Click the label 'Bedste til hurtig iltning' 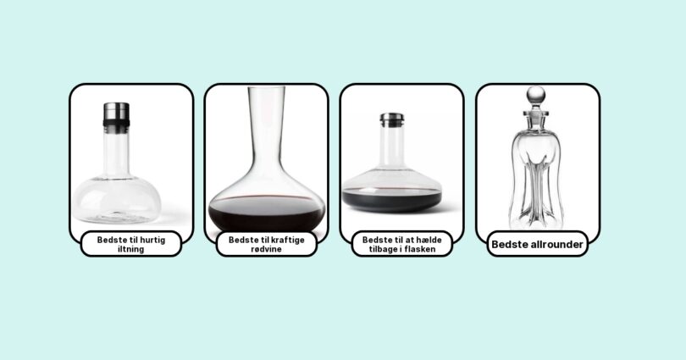tap(131, 244)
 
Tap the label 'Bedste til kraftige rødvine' tap(267, 244)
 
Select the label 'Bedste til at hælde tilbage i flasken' tap(402, 244)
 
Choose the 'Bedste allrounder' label tap(537, 244)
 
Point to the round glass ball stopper tap(536, 96)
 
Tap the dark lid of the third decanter tap(392, 120)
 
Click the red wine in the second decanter tap(267, 213)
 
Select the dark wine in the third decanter tap(391, 200)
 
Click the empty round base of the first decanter tap(117, 200)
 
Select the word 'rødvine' tap(267, 249)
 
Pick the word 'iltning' tap(131, 249)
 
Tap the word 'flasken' tap(419, 249)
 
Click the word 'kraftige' tap(286, 241)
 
